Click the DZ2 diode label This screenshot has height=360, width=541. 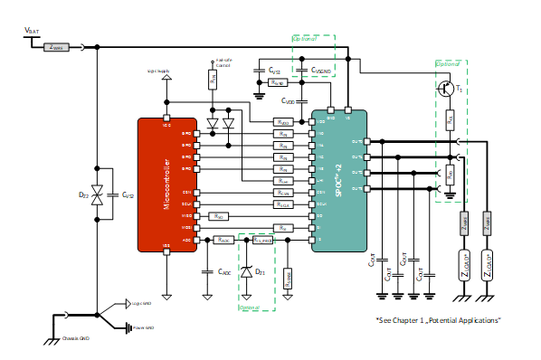pyautogui.click(x=84, y=194)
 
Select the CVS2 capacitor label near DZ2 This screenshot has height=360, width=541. pyautogui.click(x=128, y=194)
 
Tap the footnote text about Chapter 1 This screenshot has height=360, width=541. pyautogui.click(x=438, y=320)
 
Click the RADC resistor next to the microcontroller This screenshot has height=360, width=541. pyautogui.click(x=222, y=240)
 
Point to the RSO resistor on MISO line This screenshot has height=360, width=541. pyautogui.click(x=218, y=216)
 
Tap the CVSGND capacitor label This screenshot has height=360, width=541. pyautogui.click(x=320, y=70)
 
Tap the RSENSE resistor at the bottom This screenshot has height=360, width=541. pyautogui.click(x=288, y=279)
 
